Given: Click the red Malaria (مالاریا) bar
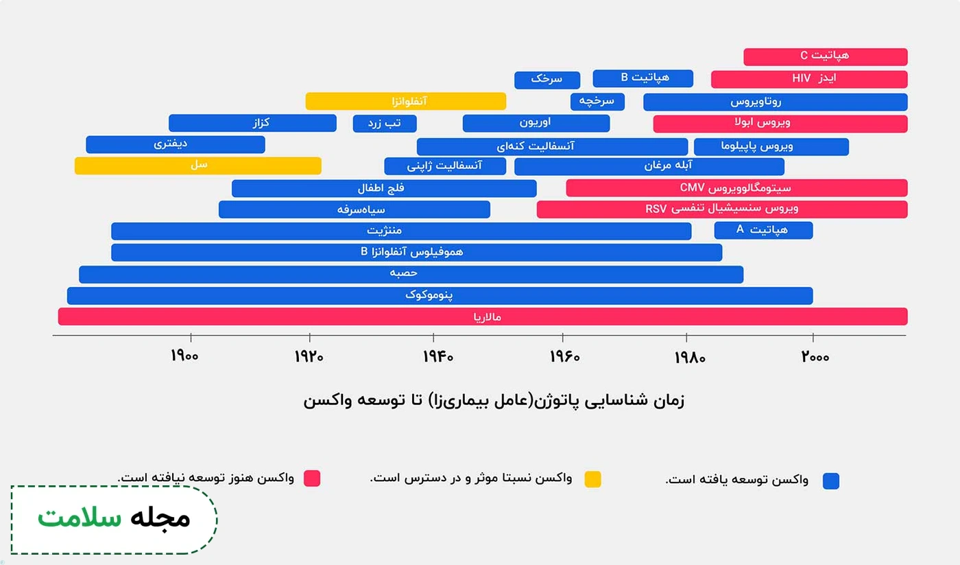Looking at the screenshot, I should point(483,316).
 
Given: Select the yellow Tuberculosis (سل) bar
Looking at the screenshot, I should point(197,165).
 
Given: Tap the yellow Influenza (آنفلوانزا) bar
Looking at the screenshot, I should point(406,101).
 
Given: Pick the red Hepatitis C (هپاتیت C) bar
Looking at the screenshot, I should point(825,56).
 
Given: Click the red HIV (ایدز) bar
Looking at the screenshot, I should point(809,79).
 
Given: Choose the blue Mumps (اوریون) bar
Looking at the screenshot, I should point(536,123).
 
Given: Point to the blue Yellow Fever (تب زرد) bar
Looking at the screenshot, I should point(385,123).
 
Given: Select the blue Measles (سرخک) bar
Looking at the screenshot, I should point(547,80).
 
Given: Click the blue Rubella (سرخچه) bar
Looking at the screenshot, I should point(597,101).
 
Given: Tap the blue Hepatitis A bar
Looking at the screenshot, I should point(763,230).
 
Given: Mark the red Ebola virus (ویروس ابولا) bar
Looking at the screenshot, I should point(780,124).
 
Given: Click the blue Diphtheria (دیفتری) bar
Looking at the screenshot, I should point(176,144).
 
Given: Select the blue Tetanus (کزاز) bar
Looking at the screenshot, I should point(252,123).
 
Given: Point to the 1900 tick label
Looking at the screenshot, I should point(185,357).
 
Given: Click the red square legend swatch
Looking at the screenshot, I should point(312,478).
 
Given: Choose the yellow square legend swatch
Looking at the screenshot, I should point(592,479).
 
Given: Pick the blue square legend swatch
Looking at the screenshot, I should point(831,481).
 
